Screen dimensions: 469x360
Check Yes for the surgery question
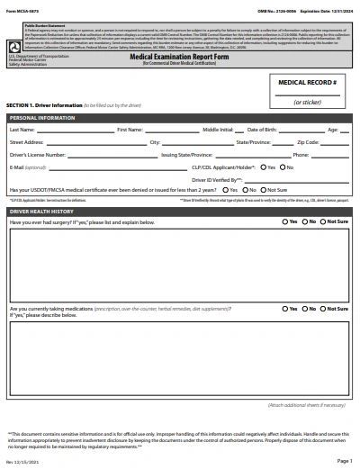coord(285,221)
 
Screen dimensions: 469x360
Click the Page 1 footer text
coord(345,461)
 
